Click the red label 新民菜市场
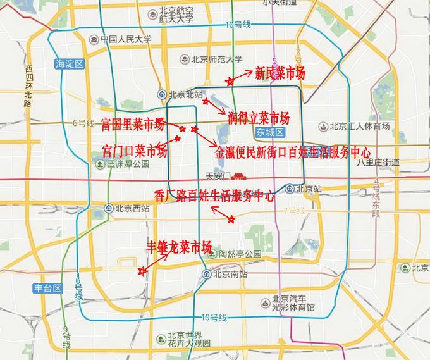pos(279,73)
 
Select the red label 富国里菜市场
pos(132,124)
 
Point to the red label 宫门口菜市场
pos(135,151)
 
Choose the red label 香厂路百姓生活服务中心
pos(214,196)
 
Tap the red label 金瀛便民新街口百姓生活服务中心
pos(292,152)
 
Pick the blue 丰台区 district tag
pos(48,288)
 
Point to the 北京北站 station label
pos(185,95)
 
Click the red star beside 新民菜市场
pos(230,81)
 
